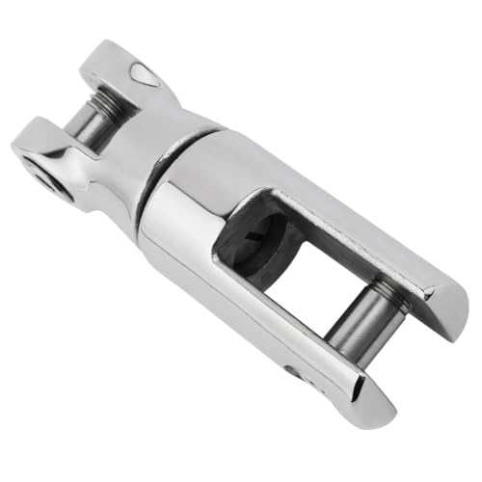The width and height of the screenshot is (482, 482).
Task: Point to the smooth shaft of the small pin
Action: point(86,125)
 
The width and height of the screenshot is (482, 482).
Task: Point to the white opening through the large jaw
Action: point(289,280)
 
